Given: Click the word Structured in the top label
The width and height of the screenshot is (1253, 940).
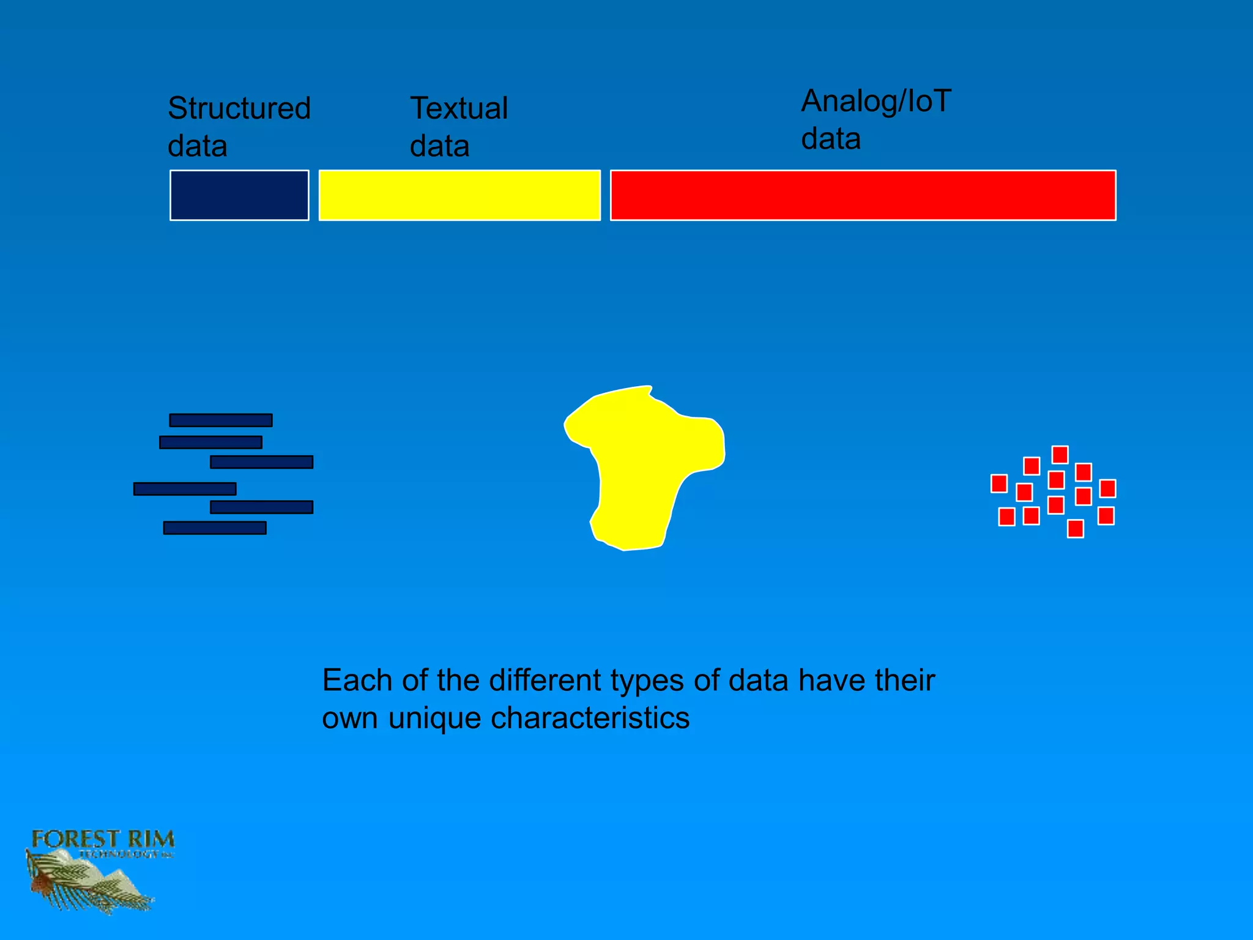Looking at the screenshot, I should point(239,109).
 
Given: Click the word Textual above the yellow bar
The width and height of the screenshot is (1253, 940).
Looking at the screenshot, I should point(459,109).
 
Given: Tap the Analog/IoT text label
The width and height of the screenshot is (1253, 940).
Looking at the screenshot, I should point(876,101).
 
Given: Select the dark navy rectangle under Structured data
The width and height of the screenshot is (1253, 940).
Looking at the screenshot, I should point(239,195).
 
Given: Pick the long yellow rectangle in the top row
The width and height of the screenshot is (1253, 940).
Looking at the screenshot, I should point(459,195).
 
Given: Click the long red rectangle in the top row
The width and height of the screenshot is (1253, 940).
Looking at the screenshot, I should point(863,195).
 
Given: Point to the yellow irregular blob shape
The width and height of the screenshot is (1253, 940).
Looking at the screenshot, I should point(642,465).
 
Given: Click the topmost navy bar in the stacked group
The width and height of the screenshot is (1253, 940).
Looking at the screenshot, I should point(221,420).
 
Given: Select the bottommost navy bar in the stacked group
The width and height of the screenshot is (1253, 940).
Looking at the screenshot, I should point(215,528).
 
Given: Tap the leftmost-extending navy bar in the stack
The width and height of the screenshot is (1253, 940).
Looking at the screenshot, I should point(185,489).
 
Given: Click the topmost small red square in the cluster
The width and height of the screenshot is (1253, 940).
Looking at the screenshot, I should point(1060,455).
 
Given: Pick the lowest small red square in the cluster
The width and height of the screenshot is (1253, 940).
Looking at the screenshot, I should point(1076,529).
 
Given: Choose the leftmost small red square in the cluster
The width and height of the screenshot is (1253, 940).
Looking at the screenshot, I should point(999,483).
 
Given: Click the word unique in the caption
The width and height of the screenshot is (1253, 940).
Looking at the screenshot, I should point(434,718).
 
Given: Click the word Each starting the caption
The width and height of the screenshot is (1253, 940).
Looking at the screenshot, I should point(357,681).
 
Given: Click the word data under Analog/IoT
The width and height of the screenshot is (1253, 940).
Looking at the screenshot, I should point(831,139).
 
